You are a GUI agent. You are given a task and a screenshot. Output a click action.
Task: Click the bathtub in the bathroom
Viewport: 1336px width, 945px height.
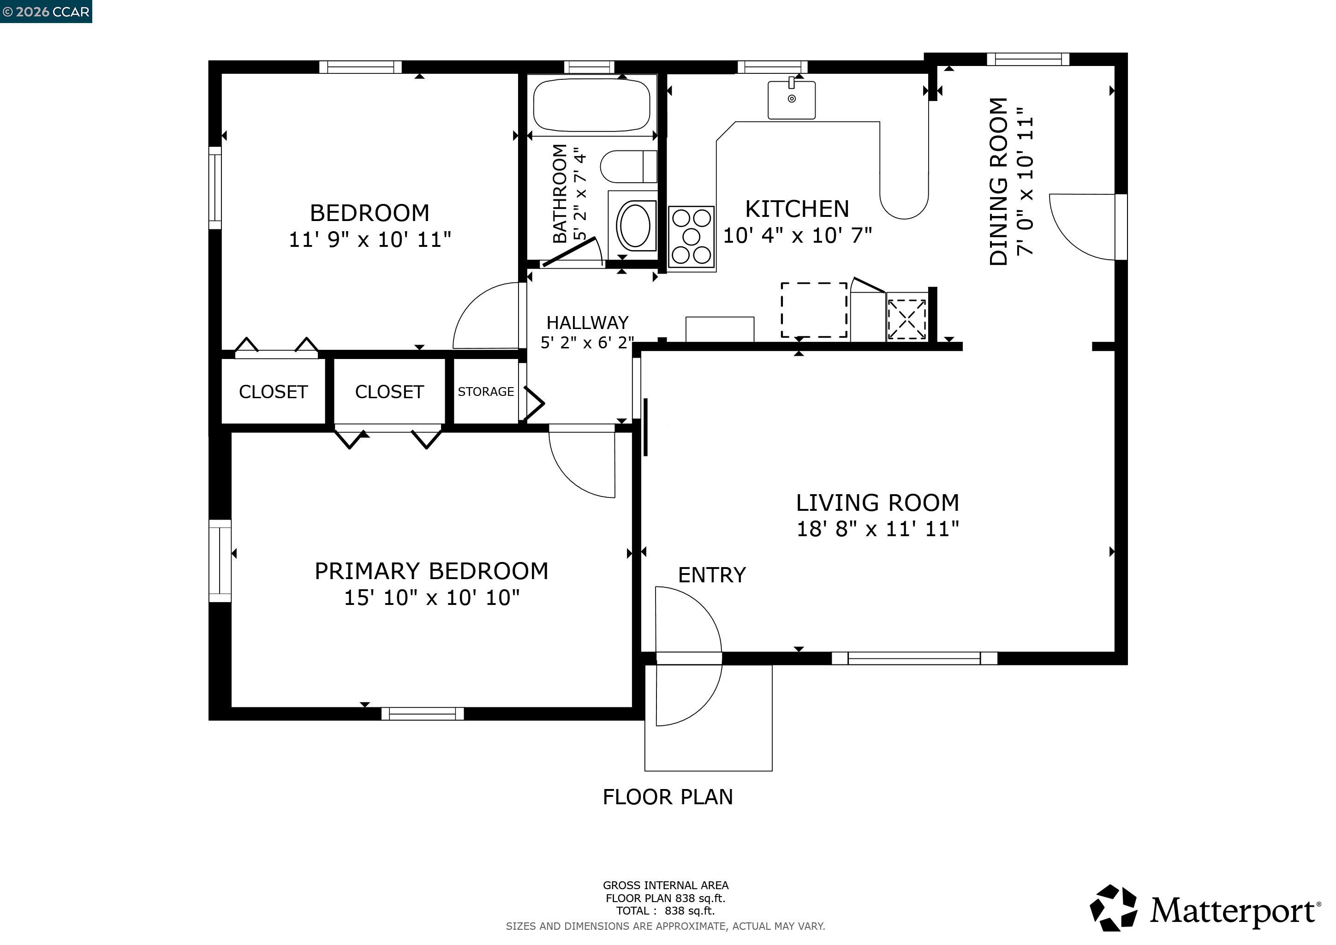pyautogui.click(x=591, y=105)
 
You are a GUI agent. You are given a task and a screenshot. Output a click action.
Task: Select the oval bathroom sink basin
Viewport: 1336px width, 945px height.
pyautogui.click(x=635, y=225)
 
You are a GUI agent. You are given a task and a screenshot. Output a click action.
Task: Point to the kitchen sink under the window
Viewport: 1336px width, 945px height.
pyautogui.click(x=791, y=100)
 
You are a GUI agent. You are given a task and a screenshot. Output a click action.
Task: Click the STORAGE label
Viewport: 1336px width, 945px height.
pyautogui.click(x=486, y=392)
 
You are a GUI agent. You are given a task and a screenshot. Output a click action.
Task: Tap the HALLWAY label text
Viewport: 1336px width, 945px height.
pyautogui.click(x=587, y=323)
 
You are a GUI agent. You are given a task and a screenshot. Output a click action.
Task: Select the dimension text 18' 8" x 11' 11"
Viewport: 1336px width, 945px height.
pyautogui.click(x=877, y=529)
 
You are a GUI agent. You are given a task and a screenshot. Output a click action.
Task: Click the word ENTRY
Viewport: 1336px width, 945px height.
pyautogui.click(x=712, y=575)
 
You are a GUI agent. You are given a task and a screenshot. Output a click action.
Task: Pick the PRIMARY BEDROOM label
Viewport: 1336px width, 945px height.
pyautogui.click(x=431, y=571)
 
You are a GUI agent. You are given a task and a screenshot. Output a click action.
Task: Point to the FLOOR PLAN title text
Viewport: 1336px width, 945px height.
pyautogui.click(x=668, y=796)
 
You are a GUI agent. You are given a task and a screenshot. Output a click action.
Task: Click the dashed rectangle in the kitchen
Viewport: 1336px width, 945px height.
pyautogui.click(x=813, y=310)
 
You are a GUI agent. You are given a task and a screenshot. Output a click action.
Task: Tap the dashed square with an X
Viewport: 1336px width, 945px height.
pyautogui.click(x=907, y=319)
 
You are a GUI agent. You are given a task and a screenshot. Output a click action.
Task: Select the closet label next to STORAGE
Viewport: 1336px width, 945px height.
pyautogui.click(x=389, y=392)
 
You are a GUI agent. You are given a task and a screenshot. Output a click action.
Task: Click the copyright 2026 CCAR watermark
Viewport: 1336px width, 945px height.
pyautogui.click(x=46, y=12)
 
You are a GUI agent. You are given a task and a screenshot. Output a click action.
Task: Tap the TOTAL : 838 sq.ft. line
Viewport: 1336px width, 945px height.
pyautogui.click(x=666, y=911)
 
